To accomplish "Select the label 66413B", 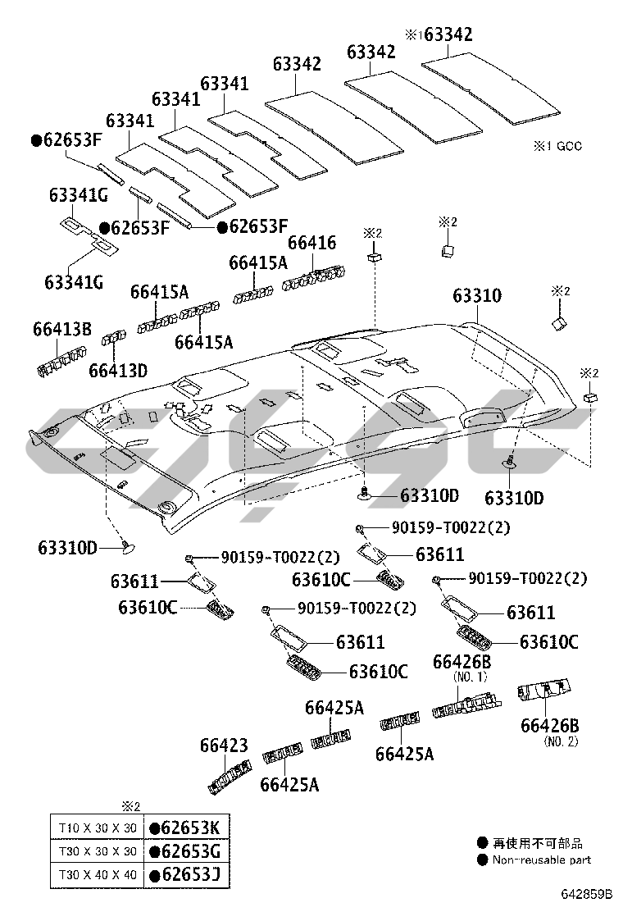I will coord(62,330).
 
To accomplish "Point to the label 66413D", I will coord(118,370).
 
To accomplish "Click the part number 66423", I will coord(224,746).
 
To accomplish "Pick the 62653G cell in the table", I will coord(186,850).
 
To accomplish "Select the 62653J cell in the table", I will coord(186,875).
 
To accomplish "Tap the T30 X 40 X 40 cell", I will coord(94,875).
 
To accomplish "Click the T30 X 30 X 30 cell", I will coord(94,850).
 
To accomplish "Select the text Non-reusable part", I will coord(541,860).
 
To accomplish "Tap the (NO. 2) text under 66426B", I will coord(562,741).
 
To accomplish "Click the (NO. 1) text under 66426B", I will coord(471,677).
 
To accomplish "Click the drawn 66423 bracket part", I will coord(227,777).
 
